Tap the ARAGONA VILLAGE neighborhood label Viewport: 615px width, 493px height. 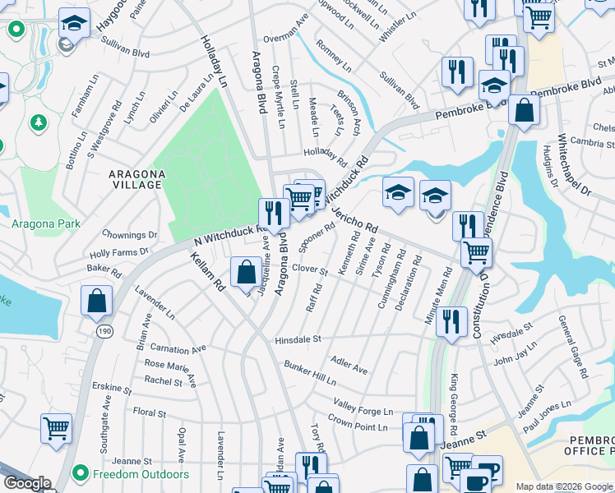136,179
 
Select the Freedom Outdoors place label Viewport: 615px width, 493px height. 142,474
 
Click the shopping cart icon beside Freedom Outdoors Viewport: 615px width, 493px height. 56,427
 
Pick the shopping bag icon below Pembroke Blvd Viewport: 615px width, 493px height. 523,110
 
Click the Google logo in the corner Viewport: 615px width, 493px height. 27,483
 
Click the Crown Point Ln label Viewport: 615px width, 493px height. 358,423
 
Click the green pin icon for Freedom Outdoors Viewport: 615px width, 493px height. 80,474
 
